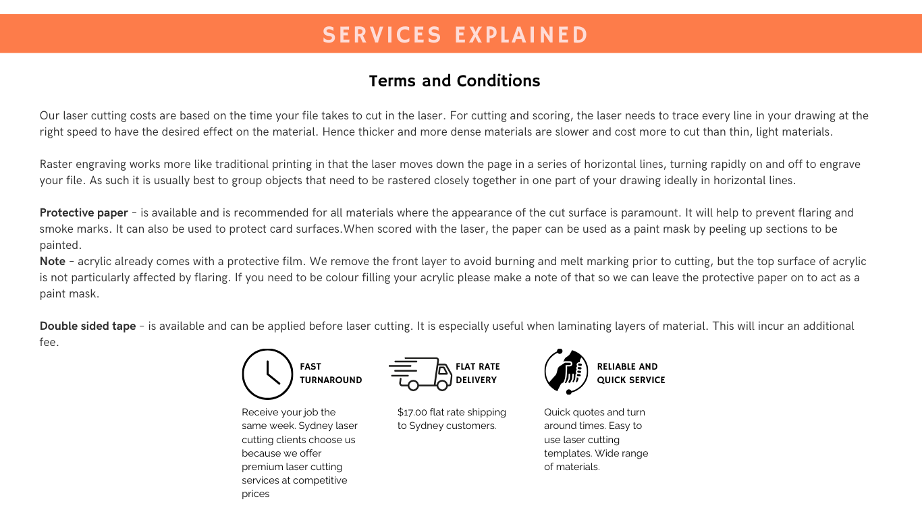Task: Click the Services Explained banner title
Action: point(456,34)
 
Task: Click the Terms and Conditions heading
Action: point(454,81)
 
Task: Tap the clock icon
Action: point(267,374)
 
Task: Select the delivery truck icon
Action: point(420,374)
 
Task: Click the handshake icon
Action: point(566,372)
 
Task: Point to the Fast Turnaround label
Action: point(331,373)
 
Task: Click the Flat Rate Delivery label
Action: point(477,373)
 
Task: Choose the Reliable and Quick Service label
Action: point(630,373)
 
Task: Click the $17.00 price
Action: point(412,412)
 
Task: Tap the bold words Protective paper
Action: point(84,212)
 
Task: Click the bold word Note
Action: point(53,261)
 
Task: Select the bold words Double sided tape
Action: point(88,326)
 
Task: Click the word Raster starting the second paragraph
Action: point(55,164)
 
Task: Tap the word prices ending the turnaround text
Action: point(256,494)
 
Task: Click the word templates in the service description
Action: point(567,453)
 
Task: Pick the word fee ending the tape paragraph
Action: point(48,342)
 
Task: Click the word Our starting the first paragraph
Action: point(49,115)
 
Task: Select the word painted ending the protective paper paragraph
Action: point(60,245)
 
